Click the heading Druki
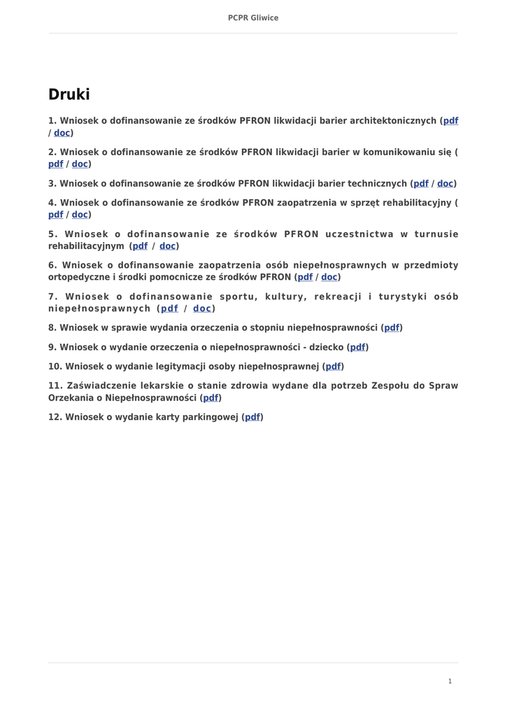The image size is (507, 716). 69,94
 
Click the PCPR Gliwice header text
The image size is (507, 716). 253,18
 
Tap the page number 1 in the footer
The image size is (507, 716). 450,681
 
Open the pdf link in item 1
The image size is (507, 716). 450,120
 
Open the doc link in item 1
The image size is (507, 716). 62,133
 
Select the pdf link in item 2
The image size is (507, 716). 55,164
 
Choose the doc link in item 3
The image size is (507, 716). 445,184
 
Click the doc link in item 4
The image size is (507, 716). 80,215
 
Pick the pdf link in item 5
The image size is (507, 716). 140,246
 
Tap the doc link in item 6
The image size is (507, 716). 329,278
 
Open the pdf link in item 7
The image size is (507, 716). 169,308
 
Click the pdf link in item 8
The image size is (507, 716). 392,327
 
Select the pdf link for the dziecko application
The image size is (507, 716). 357,347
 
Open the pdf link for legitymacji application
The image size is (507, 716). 333,366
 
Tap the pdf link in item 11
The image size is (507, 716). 210,398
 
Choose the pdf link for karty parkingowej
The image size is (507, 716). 252,417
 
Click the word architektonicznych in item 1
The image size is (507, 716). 378,120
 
